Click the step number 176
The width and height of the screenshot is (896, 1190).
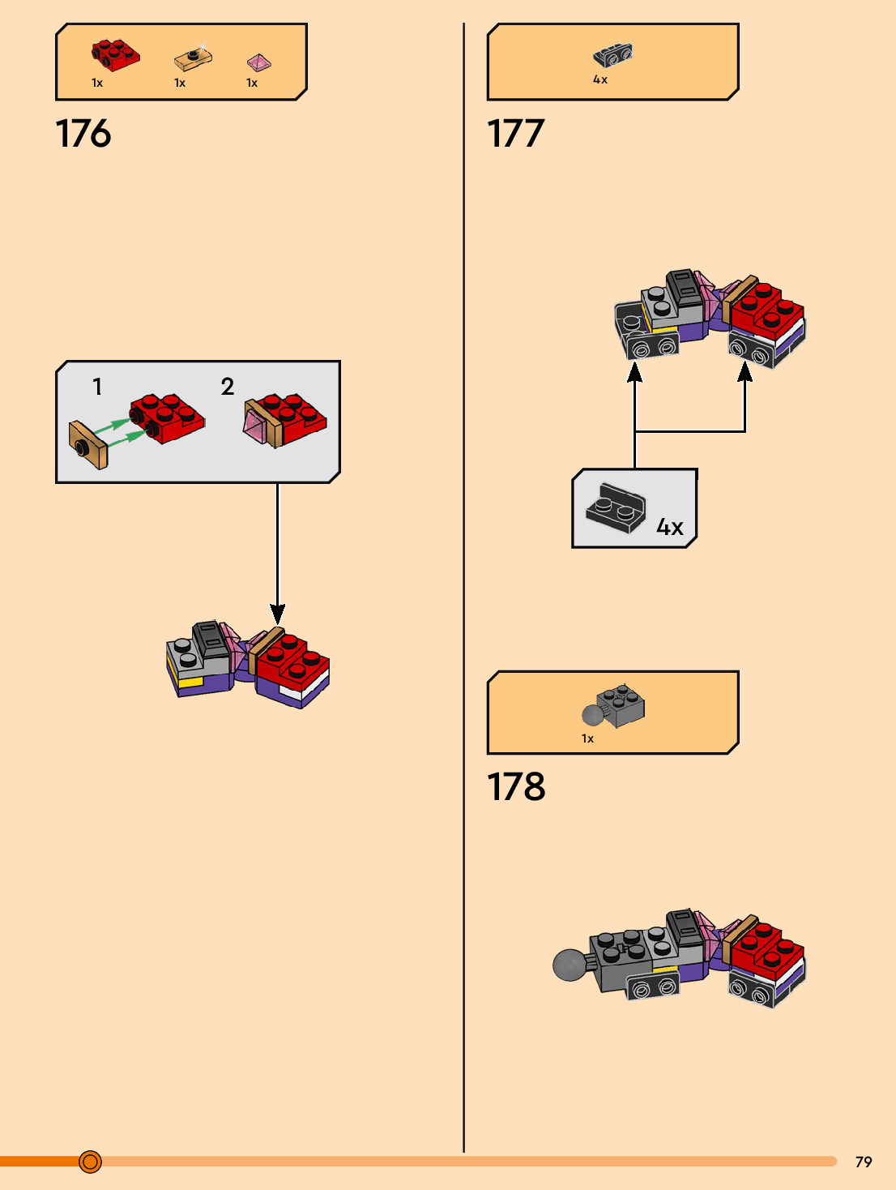[x=83, y=134]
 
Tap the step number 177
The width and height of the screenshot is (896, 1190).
[x=515, y=134]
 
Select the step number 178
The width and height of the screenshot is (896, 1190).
[x=516, y=786]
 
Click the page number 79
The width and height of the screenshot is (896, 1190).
[x=864, y=1162]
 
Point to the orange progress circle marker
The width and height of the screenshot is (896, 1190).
[x=90, y=1162]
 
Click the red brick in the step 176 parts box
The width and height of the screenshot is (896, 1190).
[x=115, y=55]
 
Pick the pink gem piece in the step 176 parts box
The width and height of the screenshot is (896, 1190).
[x=259, y=62]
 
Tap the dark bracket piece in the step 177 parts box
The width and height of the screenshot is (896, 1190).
[x=612, y=55]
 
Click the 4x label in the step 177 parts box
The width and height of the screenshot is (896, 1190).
[x=600, y=79]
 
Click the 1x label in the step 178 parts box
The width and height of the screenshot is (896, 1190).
[x=588, y=738]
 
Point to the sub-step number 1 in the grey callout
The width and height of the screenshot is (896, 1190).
[x=97, y=387]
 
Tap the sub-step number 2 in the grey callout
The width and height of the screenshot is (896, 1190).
[x=228, y=387]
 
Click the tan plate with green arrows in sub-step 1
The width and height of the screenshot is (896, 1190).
[x=88, y=444]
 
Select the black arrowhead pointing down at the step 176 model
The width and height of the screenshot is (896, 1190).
[x=277, y=614]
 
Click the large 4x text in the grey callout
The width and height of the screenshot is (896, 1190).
[x=669, y=526]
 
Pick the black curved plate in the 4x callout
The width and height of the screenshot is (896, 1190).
[x=616, y=508]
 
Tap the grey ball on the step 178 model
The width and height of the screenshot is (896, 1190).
[x=570, y=965]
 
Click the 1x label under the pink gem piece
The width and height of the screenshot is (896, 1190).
[x=252, y=83]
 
